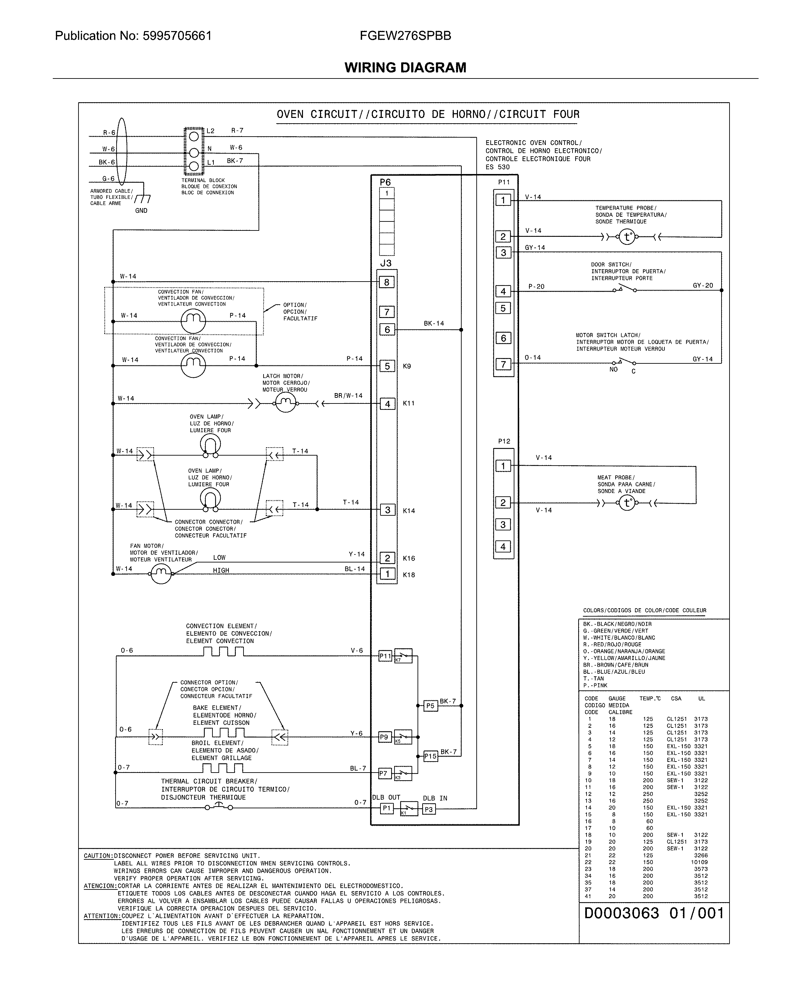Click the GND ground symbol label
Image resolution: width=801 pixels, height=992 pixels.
tap(141, 211)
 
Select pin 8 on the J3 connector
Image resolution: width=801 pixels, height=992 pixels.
tap(387, 282)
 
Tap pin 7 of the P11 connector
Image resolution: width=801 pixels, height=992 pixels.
tap(503, 364)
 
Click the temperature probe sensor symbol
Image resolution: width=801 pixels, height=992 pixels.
tap(627, 237)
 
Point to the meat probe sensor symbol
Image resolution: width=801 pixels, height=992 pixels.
tap(627, 503)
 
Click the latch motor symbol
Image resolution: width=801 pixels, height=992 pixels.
tap(285, 404)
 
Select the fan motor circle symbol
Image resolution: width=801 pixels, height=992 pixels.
tap(161, 574)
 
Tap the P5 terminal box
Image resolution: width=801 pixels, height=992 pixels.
tap(430, 706)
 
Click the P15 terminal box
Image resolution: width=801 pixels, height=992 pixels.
tap(430, 756)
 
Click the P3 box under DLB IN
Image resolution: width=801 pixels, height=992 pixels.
tap(429, 809)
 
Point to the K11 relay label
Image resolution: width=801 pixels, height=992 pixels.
tap(408, 403)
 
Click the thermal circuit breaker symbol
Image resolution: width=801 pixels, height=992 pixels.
tap(219, 807)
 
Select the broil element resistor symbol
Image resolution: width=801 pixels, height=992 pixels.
tap(223, 768)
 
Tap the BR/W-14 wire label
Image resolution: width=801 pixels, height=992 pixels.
tap(348, 396)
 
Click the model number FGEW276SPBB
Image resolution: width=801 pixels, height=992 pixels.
tap(405, 36)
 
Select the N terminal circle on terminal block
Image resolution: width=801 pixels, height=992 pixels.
tap(194, 153)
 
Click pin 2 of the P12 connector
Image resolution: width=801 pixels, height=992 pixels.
tap(503, 502)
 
